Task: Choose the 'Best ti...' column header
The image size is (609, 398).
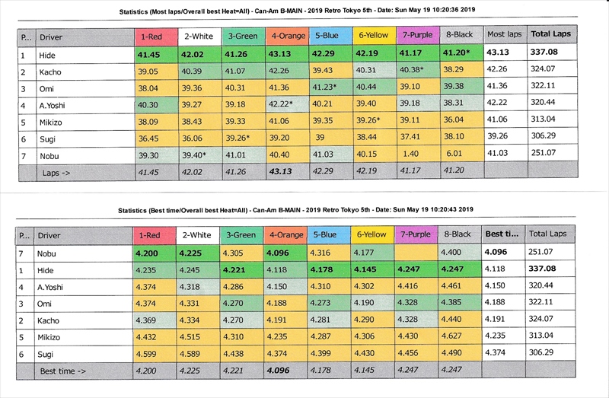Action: point(502,235)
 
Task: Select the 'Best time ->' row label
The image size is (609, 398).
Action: point(63,371)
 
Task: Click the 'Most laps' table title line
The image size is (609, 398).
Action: point(297,12)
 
